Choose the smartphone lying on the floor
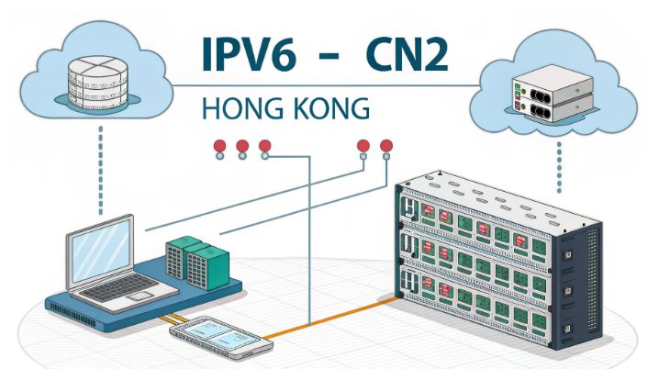click(223, 338)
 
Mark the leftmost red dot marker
click(219, 146)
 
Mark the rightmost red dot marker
click(386, 146)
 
